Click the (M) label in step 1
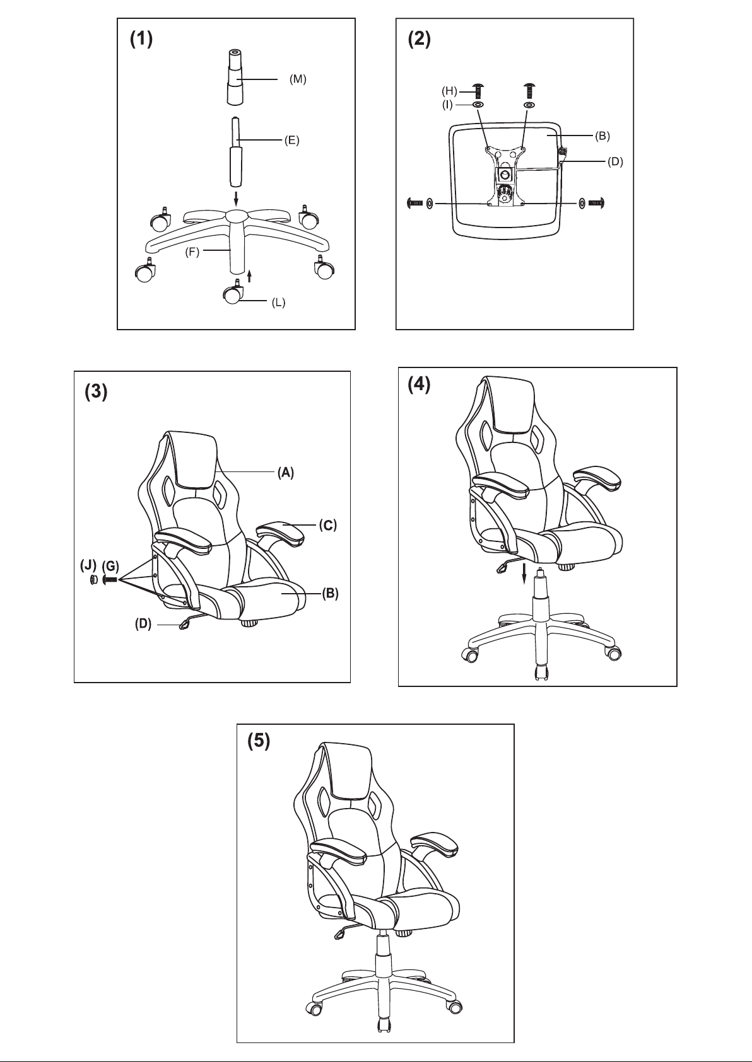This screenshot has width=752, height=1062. click(298, 79)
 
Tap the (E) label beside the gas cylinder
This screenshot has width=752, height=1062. click(292, 141)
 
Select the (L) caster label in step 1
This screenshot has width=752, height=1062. click(278, 303)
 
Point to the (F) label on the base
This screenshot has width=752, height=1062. click(192, 252)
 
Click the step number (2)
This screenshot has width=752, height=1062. click(420, 39)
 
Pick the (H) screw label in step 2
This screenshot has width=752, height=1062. click(449, 90)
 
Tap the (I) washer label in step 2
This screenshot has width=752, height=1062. click(447, 105)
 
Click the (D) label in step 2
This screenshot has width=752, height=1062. click(615, 162)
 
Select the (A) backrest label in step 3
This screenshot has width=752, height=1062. click(286, 472)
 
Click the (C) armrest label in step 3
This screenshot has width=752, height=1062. click(328, 525)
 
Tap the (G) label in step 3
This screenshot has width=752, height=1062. click(110, 566)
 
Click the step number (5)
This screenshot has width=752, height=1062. click(259, 741)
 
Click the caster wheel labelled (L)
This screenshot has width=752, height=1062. click(232, 294)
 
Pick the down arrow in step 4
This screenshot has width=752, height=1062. click(524, 574)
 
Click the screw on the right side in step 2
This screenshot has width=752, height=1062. click(596, 203)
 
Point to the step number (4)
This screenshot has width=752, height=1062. click(420, 385)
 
